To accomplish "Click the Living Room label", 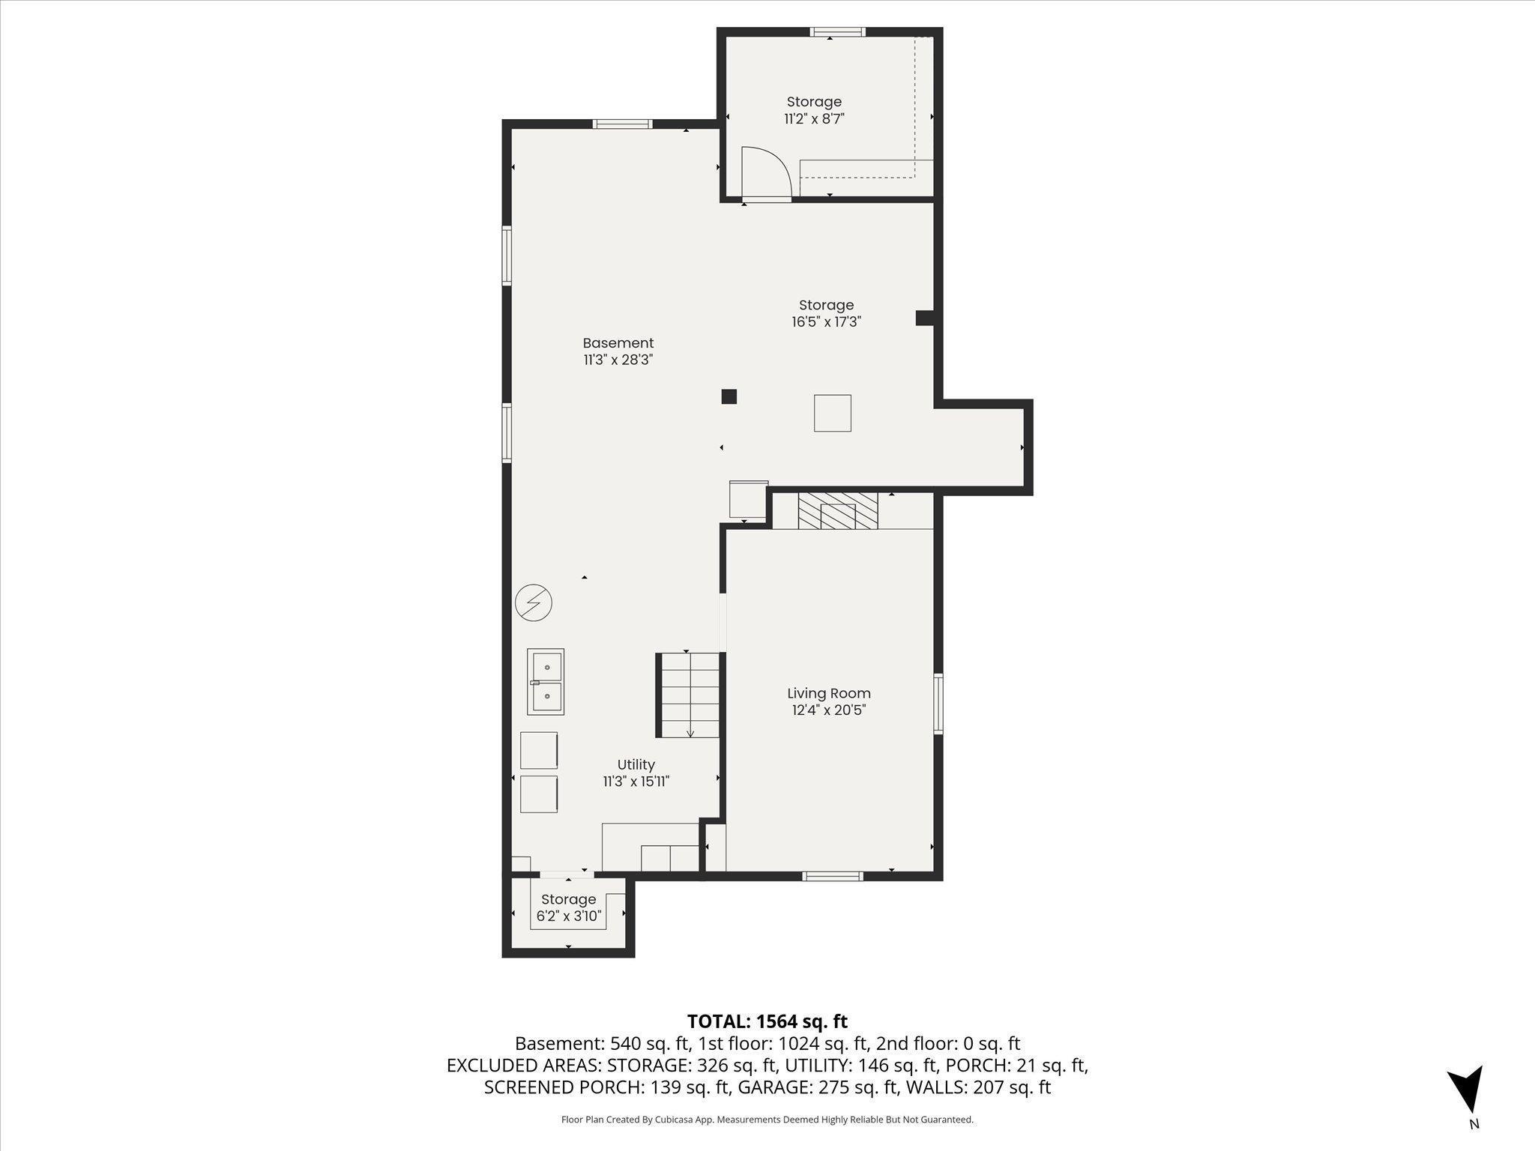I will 828,694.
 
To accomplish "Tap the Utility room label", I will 636,764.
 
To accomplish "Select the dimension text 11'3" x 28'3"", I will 618,360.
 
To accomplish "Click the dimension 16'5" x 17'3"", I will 826,322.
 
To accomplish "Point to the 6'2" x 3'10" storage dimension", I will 568,916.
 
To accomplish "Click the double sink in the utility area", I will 546,681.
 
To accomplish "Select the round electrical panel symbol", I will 534,602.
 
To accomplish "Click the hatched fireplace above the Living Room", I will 837,510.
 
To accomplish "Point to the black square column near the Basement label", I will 729,396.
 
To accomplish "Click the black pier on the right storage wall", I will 924,318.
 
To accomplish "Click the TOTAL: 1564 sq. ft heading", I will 767,1021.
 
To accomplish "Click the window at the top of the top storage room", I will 837,32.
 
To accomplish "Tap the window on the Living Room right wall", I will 938,703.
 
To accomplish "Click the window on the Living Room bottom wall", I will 832,875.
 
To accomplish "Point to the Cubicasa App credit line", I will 767,1120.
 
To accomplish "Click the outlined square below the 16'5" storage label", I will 832,413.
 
